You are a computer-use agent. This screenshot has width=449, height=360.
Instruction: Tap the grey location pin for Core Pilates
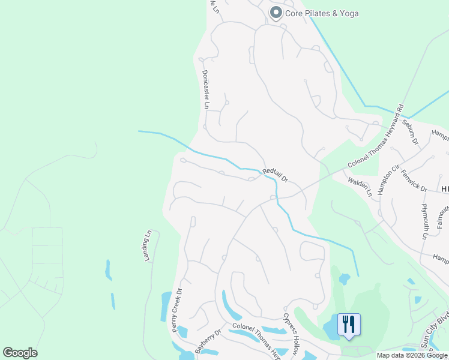coord(276,13)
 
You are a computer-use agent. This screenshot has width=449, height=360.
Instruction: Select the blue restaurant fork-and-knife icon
coord(349,325)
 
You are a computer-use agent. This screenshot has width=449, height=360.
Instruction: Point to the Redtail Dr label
coord(276,175)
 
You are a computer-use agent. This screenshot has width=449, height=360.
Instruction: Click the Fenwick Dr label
coord(414,181)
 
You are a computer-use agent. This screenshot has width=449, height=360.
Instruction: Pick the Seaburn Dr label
coord(411,132)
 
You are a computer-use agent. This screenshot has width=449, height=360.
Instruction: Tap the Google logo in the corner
coord(20,353)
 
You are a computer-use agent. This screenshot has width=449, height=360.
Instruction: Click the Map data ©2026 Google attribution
coord(412,355)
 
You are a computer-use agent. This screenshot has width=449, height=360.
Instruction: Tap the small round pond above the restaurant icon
coord(344,278)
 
